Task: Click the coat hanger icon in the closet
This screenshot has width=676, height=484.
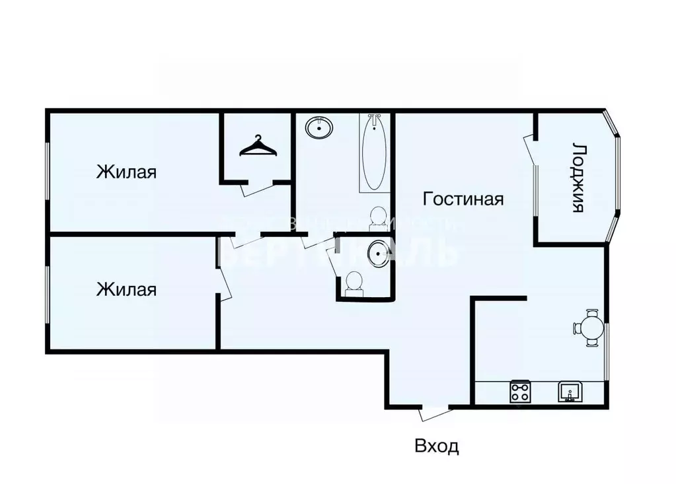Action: tap(256, 147)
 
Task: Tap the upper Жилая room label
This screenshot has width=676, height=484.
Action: tap(126, 172)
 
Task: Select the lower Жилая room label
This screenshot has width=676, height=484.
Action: tap(126, 289)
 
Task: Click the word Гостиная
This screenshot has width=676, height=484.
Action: tap(463, 199)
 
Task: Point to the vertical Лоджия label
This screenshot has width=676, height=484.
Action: tap(578, 177)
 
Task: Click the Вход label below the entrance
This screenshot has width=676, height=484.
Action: tap(436, 446)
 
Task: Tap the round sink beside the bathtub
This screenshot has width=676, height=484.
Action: tap(320, 127)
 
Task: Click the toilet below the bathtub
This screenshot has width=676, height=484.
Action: tap(378, 216)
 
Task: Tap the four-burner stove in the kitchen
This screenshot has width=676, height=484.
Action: tap(520, 392)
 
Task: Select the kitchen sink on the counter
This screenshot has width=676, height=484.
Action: tap(570, 392)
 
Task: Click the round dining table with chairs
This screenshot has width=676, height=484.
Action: tap(589, 328)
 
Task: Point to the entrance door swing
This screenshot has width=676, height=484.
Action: tap(434, 412)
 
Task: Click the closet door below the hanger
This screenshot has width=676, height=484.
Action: tap(254, 188)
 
